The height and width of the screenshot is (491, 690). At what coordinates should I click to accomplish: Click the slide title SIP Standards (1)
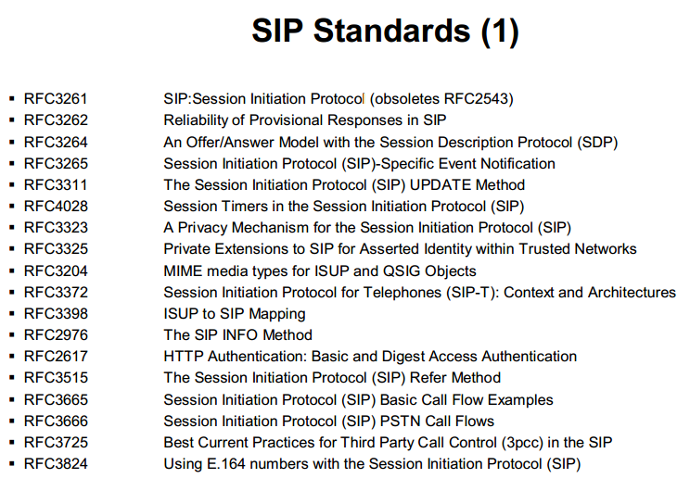[x=385, y=31]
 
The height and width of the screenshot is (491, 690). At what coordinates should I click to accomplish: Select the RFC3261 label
[x=56, y=98]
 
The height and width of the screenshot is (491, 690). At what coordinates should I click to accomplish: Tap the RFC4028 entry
[x=56, y=206]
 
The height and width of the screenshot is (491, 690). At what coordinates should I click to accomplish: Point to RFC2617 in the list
[x=56, y=357]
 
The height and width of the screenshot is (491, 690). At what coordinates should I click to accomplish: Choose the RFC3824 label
[x=56, y=464]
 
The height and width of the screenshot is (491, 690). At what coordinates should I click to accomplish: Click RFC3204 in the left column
[x=56, y=271]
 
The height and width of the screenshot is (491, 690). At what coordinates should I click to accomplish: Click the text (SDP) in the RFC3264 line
[x=597, y=142]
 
